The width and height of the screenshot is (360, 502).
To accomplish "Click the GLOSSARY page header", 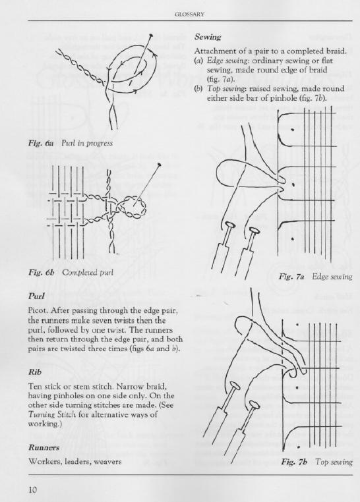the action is tap(190, 14).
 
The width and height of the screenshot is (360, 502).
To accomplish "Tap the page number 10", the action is tap(33, 490).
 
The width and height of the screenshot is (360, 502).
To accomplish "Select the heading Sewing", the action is tap(208, 37).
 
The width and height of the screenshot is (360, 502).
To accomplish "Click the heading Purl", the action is tap(36, 296).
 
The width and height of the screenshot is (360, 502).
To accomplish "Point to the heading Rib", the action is tap(34, 372).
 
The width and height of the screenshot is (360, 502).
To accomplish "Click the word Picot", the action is tap(38, 310).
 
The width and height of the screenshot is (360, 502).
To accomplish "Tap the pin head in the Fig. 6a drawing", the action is tap(152, 36).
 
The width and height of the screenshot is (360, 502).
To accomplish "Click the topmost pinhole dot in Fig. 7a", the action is tap(293, 130).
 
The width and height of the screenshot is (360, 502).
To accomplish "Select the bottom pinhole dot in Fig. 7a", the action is tap(293, 238).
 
